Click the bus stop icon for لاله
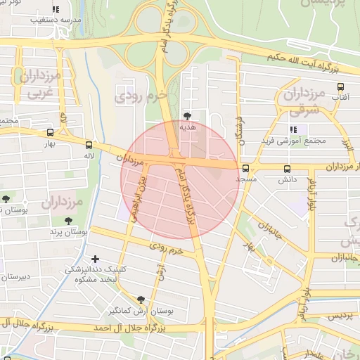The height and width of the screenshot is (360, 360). click(88, 146)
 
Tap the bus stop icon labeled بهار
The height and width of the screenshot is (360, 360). click(50, 132)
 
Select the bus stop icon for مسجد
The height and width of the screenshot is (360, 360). click(245, 168)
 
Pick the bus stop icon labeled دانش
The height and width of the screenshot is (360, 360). click(287, 169)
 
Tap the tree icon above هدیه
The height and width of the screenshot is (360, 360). click(187, 115)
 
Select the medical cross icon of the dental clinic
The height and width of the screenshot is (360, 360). click(96, 259)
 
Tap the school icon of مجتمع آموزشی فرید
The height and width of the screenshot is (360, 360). click(293, 129)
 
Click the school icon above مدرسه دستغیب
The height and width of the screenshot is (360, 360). click(56, 10)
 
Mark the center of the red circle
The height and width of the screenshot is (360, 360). click(180, 179)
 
